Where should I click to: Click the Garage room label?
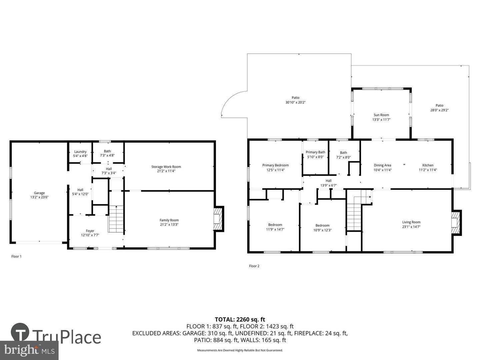point(39,193)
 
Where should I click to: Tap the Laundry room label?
point(80,152)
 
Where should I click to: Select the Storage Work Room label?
point(166,167)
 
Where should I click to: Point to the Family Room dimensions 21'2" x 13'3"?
point(169,224)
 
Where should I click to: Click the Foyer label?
point(90,231)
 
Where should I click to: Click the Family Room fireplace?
point(218,219)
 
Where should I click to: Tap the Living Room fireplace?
point(456,223)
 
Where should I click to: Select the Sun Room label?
point(381,115)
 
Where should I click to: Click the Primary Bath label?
point(315,152)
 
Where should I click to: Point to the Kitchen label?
point(428,165)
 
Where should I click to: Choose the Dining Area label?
point(382,165)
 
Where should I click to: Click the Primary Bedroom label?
point(276,165)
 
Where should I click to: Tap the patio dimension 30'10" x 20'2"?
point(295,102)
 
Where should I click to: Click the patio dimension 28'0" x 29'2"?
point(439,110)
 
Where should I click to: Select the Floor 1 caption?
point(16,256)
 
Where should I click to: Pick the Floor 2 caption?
point(254,266)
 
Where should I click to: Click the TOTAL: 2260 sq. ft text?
point(240,320)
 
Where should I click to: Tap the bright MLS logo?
point(29,350)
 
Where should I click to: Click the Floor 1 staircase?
point(116,219)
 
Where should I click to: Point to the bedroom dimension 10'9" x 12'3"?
point(322,230)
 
